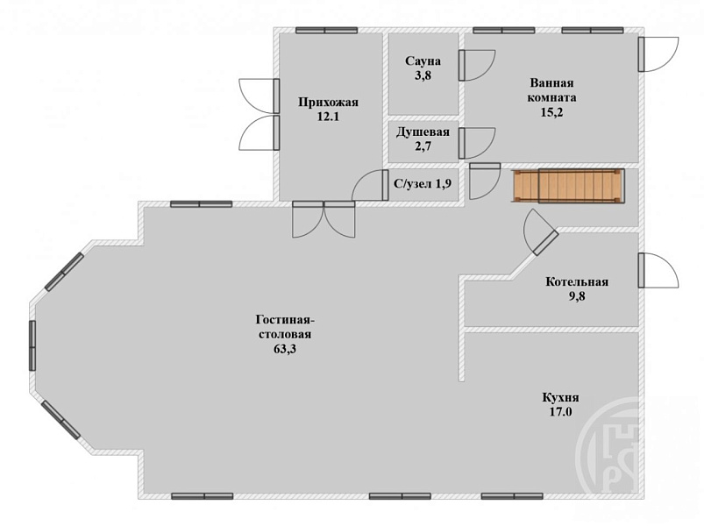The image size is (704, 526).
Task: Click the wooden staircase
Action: (567, 186)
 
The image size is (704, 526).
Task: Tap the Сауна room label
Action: (423, 61)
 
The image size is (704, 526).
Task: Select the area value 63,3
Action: (285, 349)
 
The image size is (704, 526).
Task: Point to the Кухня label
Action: (561, 398)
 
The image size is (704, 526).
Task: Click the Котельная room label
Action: (577, 282)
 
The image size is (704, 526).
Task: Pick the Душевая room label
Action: (423, 132)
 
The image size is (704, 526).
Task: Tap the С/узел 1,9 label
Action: (423, 183)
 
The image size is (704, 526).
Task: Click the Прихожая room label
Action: (328, 103)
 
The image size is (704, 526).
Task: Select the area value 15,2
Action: (551, 112)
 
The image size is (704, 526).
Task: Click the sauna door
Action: (477, 65)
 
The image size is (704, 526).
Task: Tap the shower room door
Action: (477, 143)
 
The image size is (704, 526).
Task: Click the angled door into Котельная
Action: (541, 232)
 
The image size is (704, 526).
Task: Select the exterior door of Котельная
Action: (658, 270)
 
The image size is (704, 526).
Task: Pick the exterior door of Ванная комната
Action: (658, 54)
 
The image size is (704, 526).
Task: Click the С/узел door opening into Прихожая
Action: (370, 185)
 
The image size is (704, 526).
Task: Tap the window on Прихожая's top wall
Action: (326, 30)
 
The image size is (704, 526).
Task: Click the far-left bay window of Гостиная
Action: (32, 345)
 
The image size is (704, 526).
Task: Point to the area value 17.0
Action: (561, 411)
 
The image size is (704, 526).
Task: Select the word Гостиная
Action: (285, 320)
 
